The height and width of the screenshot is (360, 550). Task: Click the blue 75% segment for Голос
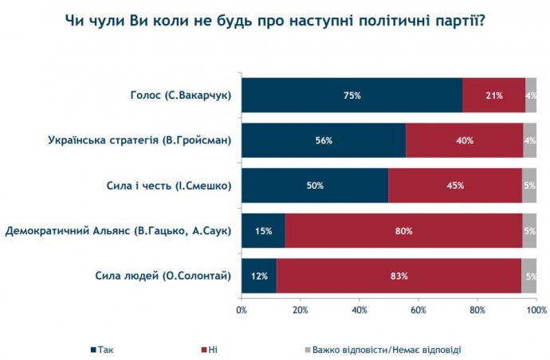pos(352,96)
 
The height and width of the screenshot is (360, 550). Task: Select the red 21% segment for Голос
pos(493,96)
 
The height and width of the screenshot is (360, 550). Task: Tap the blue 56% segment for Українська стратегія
pos(324,141)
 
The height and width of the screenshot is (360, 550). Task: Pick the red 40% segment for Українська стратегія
pos(464,141)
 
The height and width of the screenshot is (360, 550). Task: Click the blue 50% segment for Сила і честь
pos(315,186)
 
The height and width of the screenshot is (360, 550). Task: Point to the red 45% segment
pos(455,186)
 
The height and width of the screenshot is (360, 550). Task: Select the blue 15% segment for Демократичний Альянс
pos(263,231)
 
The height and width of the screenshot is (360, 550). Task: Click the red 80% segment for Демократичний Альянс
pos(403,231)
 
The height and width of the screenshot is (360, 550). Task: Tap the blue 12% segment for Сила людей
pos(259,276)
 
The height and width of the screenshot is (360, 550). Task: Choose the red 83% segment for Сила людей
pos(399,276)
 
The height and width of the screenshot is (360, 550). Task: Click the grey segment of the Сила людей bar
pos(529,276)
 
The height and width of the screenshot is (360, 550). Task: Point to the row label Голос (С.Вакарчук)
pos(180,96)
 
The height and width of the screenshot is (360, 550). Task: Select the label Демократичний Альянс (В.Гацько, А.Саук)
pos(119,232)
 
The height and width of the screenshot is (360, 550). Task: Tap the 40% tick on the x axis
pos(359,310)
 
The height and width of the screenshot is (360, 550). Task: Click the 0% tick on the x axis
pos(242,310)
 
